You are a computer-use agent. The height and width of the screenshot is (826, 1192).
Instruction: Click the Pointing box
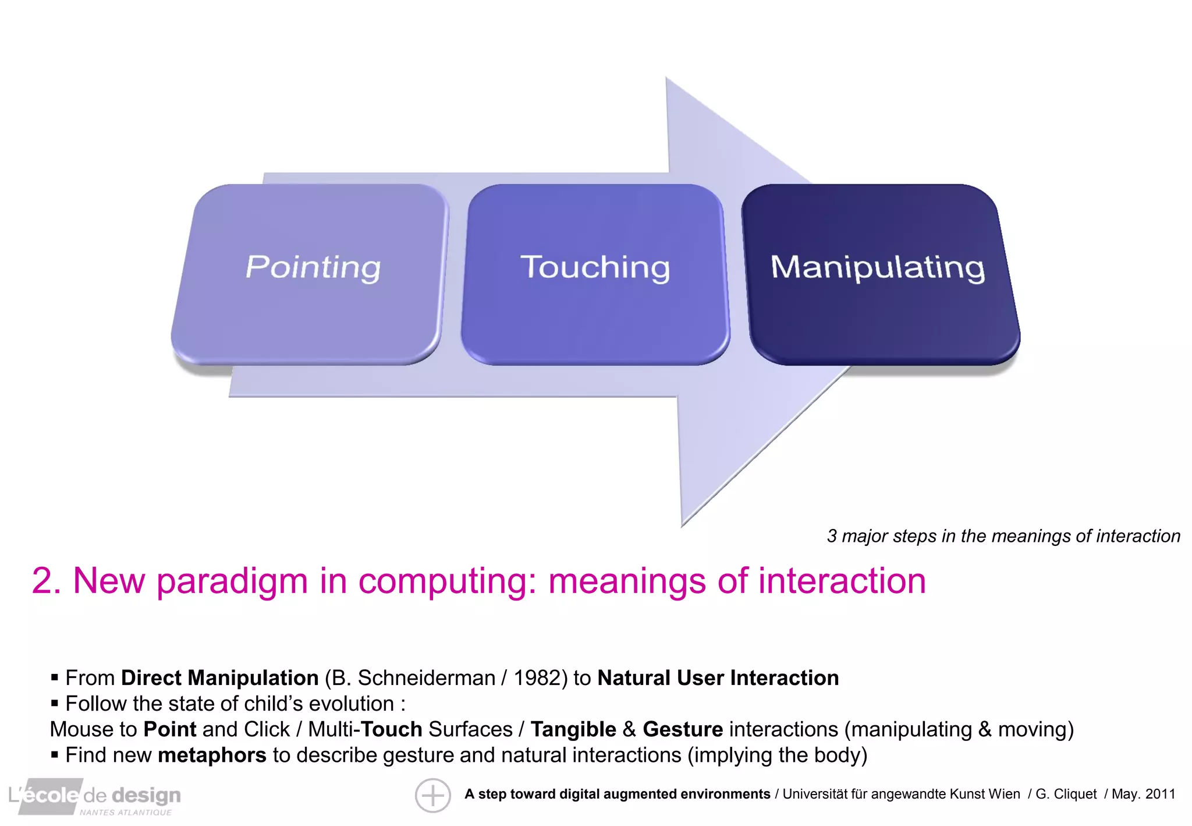(311, 274)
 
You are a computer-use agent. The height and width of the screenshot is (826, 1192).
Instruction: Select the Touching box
(595, 274)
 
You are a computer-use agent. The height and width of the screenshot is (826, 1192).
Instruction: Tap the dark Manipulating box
(879, 274)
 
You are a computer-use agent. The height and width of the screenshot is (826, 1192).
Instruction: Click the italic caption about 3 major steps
(1003, 536)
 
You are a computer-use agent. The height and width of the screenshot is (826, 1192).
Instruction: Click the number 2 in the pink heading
(42, 581)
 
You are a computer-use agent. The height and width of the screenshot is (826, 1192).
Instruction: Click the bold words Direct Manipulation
(219, 678)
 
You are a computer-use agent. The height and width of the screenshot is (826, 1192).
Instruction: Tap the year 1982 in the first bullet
(535, 678)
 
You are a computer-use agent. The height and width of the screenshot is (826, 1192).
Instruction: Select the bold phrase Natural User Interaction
(718, 678)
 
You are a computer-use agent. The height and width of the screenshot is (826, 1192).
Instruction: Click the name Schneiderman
(426, 678)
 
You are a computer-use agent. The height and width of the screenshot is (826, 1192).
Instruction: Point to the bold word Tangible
(573, 729)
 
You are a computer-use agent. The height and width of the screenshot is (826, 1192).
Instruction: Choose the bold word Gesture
(682, 729)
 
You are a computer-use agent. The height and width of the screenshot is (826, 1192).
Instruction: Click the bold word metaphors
(212, 755)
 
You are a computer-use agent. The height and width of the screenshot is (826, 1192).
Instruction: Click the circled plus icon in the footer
(432, 795)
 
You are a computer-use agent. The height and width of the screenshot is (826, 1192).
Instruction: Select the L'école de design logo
(94, 796)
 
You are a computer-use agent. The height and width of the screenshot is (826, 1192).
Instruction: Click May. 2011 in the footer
(1143, 794)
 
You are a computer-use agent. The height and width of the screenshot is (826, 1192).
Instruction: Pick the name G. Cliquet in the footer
(1066, 794)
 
